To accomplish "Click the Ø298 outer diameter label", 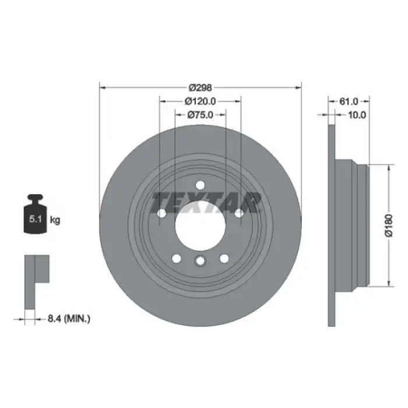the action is pos(200,87).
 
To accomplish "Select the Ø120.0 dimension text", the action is pos(200,101).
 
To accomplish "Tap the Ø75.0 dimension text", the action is pos(200,115).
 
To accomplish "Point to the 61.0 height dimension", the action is pos(349,101).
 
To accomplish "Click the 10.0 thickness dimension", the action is pos(357,115).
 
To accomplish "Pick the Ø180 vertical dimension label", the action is pos(389,226).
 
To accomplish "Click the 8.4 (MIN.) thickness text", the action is pos(69,318).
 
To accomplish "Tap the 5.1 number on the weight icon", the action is pos(36,219).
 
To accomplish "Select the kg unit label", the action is pos(55,220).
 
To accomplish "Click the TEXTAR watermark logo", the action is pos(206,203).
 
